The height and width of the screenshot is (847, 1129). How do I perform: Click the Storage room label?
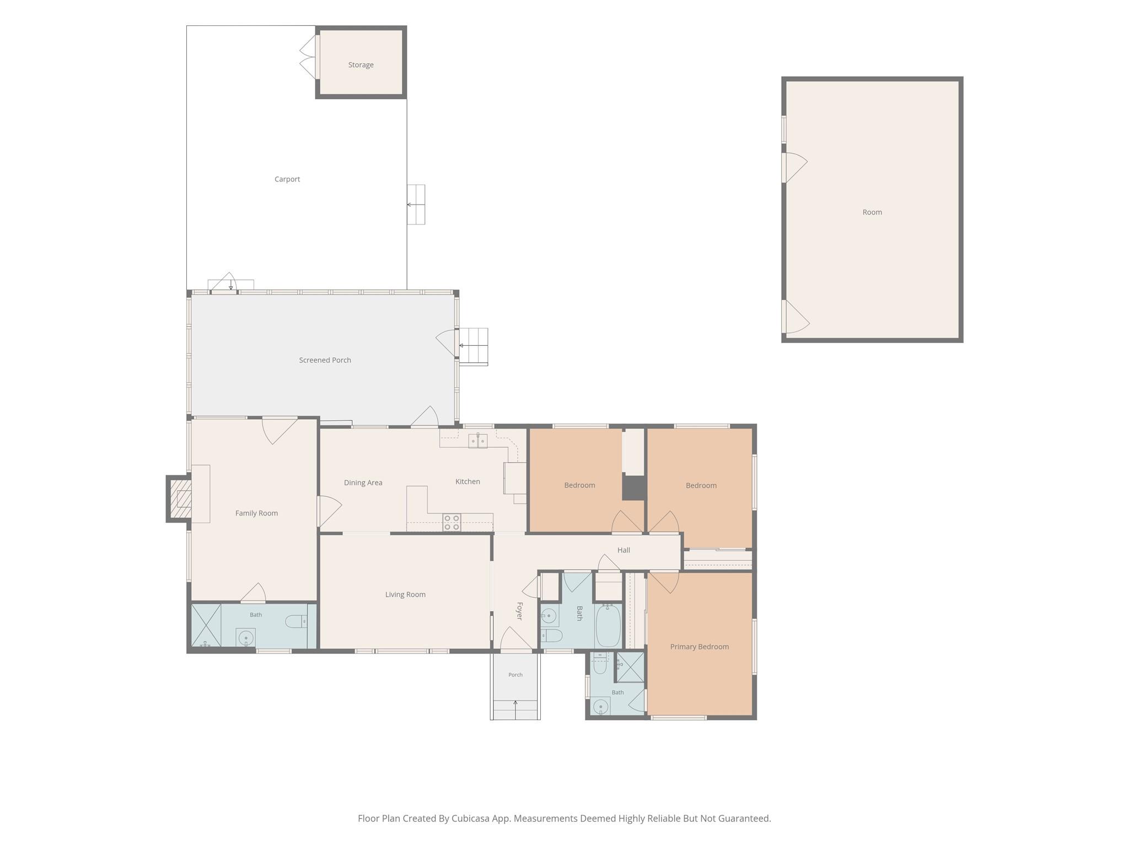tap(361, 65)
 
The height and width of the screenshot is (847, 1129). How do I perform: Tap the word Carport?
tap(287, 179)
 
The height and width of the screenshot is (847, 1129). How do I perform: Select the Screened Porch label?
tap(325, 360)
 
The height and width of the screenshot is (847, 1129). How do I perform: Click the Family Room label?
tap(256, 513)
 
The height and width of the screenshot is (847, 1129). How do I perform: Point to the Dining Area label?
tap(363, 483)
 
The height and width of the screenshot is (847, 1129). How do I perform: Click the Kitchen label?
tap(467, 481)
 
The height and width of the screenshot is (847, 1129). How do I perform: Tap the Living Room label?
tap(405, 594)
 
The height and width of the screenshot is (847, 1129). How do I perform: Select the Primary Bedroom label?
tap(700, 647)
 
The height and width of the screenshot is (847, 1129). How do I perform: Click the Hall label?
tap(623, 550)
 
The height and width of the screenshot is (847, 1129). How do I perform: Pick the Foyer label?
tap(519, 611)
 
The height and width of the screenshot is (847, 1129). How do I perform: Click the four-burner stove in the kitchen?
tap(451, 522)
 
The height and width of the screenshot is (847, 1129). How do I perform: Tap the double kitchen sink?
tap(478, 441)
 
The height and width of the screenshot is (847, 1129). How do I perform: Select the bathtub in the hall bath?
tap(608, 626)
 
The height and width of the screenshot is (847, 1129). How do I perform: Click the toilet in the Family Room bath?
tap(296, 621)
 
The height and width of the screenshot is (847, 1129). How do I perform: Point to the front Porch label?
tap(515, 675)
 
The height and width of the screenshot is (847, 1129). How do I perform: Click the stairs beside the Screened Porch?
tap(474, 346)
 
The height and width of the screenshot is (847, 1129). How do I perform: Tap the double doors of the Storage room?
tap(309, 57)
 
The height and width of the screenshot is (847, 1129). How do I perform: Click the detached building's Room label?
tap(872, 212)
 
